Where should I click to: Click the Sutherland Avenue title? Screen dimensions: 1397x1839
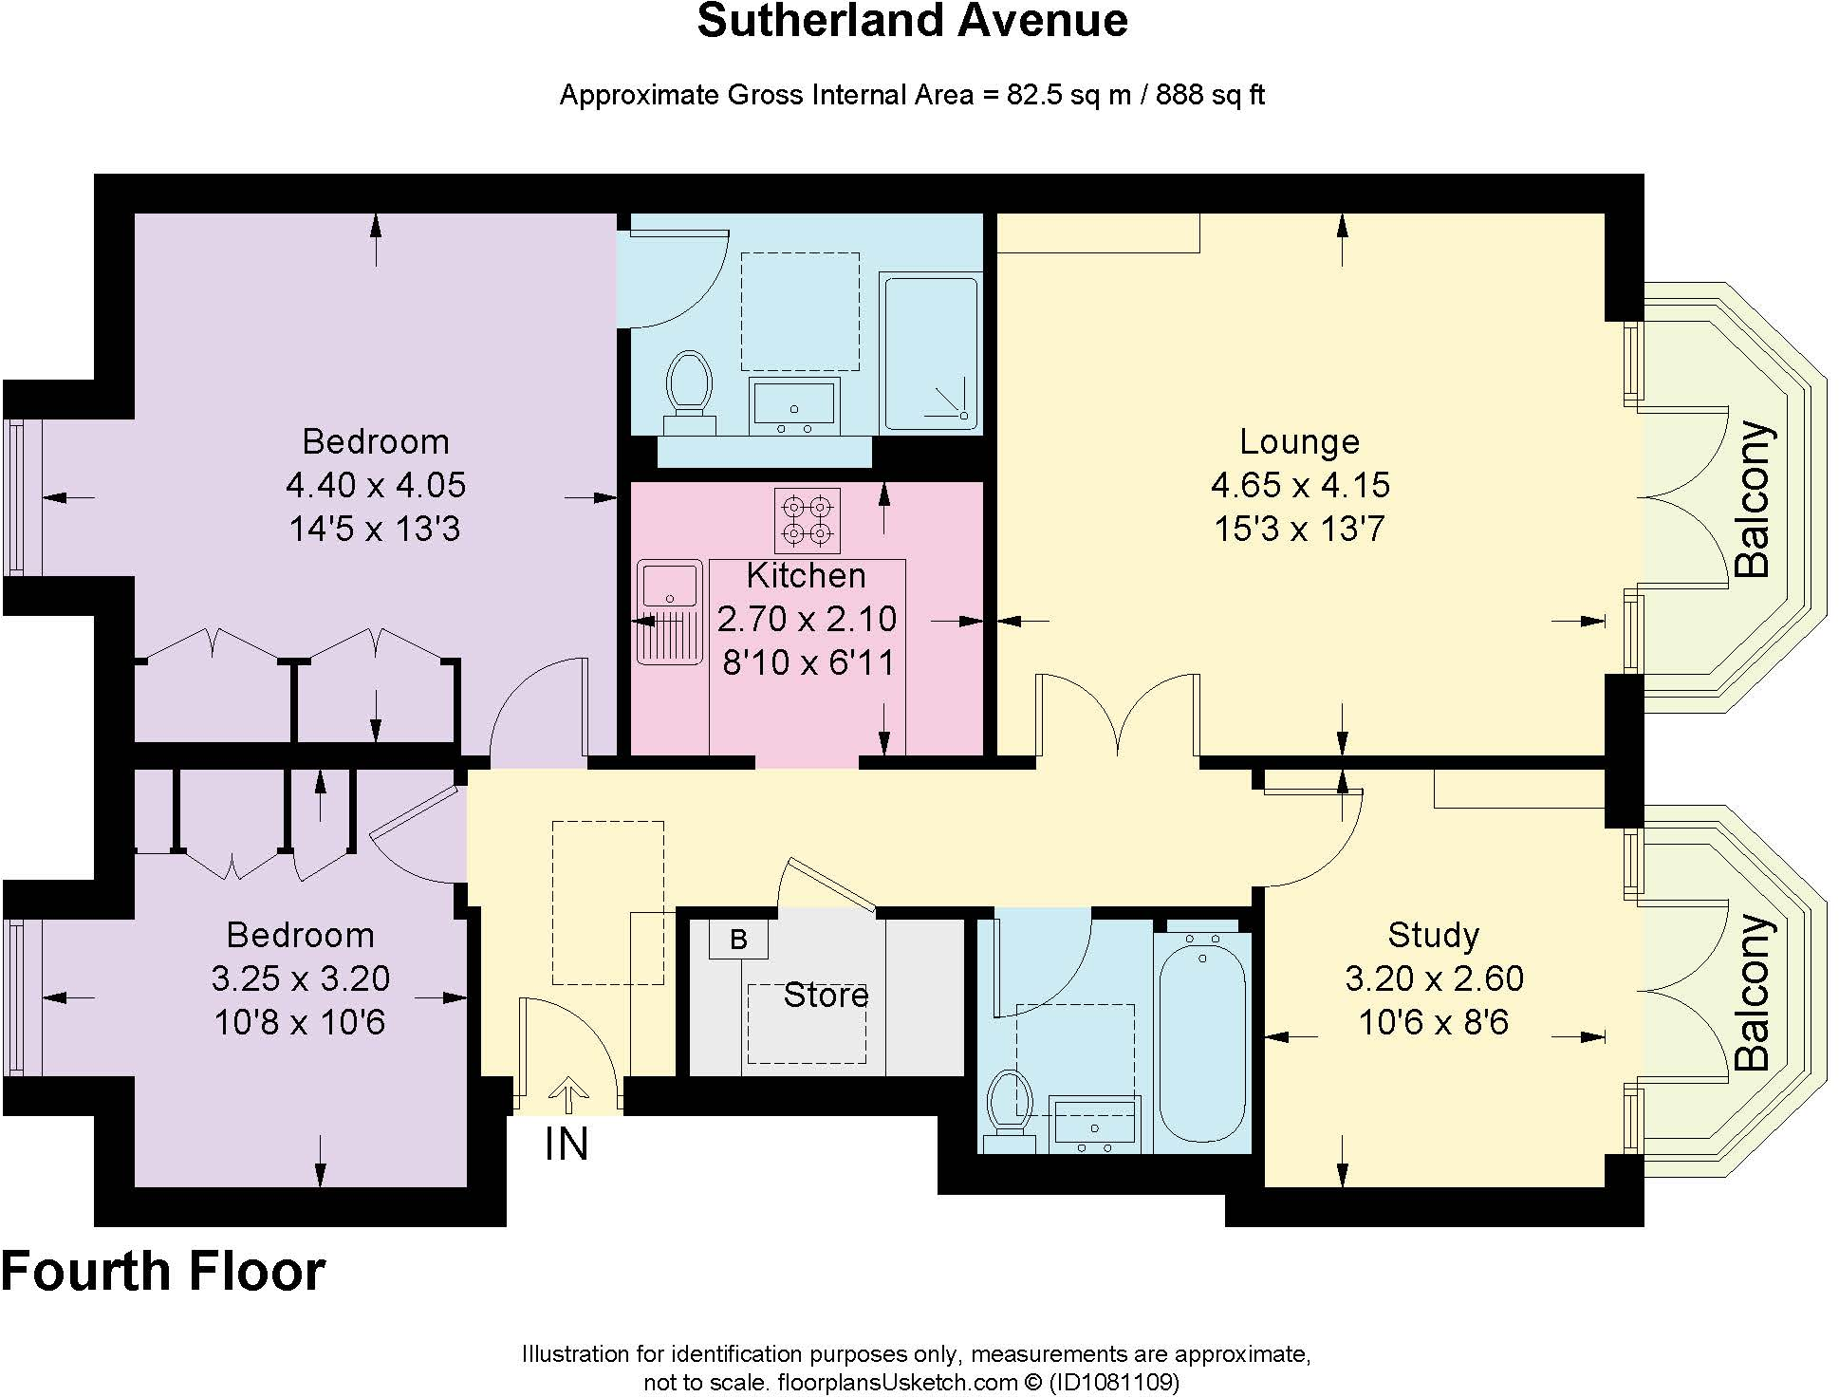[x=912, y=21]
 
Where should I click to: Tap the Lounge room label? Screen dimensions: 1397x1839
[x=1299, y=441]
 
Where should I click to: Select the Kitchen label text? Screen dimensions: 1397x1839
[x=806, y=575]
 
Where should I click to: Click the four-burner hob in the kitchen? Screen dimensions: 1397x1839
[x=807, y=520]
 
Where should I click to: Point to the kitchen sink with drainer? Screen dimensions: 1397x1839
[x=670, y=611]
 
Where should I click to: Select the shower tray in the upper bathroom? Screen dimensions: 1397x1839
[x=930, y=352]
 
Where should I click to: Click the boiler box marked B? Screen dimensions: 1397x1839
[x=738, y=940]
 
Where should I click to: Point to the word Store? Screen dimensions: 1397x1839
[x=826, y=995]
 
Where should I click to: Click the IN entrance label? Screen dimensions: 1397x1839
[x=567, y=1145]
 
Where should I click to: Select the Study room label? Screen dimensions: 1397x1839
[x=1433, y=935]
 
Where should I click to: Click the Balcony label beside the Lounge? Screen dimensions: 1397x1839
[x=1752, y=499]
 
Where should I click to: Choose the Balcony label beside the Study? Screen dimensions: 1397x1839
[x=1752, y=993]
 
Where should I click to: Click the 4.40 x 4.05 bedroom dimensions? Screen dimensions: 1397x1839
[x=376, y=485]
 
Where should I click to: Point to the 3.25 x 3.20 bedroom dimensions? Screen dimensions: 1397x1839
[x=300, y=978]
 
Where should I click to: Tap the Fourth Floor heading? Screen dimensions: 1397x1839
[x=163, y=1272]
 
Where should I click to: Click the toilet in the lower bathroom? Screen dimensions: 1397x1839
[x=1008, y=1105]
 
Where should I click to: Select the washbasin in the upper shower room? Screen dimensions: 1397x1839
[x=793, y=404]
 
